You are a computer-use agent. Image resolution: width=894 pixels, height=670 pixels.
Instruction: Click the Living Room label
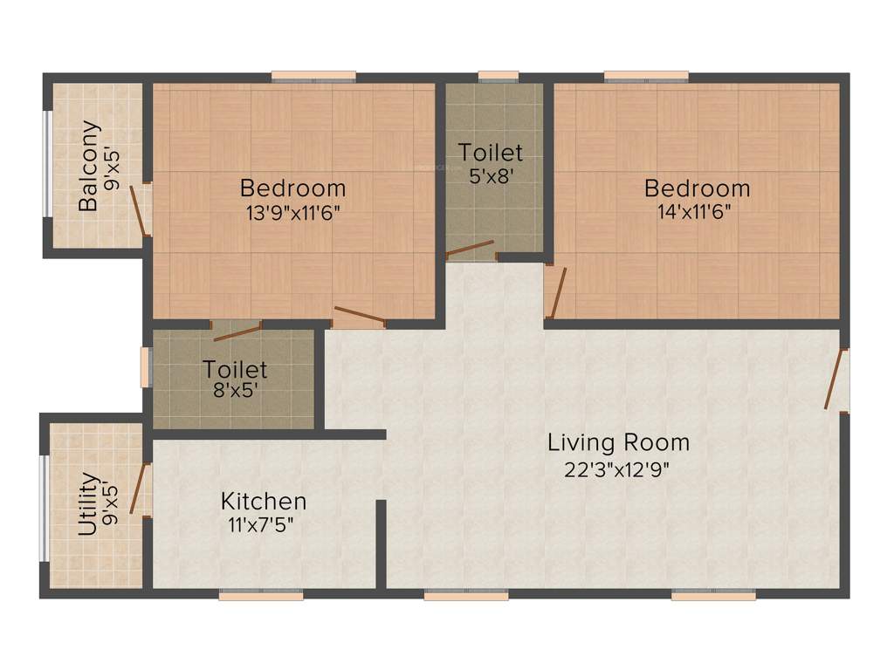(618, 442)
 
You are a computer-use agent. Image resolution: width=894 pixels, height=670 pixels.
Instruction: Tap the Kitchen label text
(263, 502)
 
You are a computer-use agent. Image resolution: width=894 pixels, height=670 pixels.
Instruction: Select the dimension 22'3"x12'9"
(618, 469)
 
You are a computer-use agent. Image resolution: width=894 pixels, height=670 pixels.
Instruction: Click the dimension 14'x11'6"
(697, 211)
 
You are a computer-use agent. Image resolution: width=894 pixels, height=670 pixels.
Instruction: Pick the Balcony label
(89, 166)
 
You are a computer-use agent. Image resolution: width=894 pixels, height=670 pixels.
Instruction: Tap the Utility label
(87, 503)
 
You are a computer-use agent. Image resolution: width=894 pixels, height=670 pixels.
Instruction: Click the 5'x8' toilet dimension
(492, 174)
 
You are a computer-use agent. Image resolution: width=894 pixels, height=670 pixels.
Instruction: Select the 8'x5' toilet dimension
(235, 392)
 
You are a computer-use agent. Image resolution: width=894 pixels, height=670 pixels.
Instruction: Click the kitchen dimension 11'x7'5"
(263, 525)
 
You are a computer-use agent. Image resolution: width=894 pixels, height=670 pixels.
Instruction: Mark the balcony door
(139, 210)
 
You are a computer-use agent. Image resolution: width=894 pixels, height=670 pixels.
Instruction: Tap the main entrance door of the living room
(836, 379)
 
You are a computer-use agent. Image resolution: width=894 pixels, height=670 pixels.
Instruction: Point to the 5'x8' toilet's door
(471, 250)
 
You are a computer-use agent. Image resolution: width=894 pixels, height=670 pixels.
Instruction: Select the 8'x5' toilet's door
(237, 331)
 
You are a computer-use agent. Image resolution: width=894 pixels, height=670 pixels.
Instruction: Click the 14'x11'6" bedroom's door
(557, 292)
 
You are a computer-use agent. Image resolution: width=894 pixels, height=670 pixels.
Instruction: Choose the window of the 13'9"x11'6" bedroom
(313, 76)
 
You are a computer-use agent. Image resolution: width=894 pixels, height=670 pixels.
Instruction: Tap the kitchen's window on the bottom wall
(260, 596)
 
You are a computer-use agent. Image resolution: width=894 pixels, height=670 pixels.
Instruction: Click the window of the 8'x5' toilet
(146, 367)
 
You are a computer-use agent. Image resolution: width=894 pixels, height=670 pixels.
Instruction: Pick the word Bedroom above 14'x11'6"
(697, 188)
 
